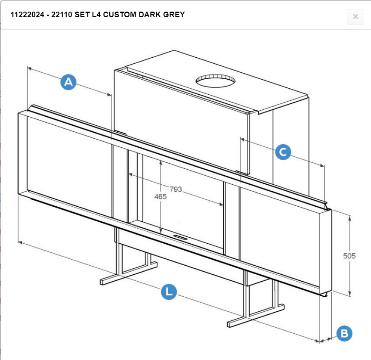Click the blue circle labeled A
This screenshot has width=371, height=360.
click(68, 82)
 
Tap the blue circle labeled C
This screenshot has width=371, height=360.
click(283, 152)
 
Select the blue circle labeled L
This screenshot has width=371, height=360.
click(169, 292)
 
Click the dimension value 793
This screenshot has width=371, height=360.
click(176, 189)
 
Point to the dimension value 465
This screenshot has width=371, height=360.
click(161, 196)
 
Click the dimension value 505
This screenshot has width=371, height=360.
click(349, 256)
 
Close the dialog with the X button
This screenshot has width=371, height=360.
click(355, 17)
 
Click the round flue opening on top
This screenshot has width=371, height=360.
click(215, 81)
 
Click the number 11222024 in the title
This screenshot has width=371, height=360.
click(23, 15)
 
